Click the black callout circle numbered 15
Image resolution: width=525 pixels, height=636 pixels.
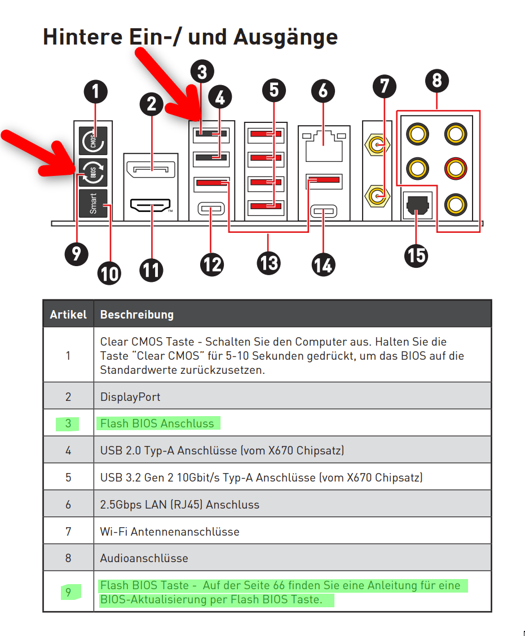click(416, 255)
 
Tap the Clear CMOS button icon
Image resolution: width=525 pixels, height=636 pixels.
click(94, 140)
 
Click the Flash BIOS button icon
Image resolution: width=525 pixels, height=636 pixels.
click(94, 173)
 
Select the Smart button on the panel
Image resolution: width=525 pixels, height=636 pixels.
click(94, 203)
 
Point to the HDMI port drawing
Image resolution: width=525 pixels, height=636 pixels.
click(152, 206)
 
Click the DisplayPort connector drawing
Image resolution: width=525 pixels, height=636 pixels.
click(152, 169)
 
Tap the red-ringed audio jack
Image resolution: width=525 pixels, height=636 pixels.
click(455, 167)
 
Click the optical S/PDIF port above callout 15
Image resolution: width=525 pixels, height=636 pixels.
click(416, 206)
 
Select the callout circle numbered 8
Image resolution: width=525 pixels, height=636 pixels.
click(437, 81)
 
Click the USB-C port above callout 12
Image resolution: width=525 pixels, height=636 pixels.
click(211, 210)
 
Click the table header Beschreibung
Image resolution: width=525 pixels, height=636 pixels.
click(137, 314)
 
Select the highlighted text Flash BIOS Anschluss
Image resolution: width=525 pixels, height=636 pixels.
click(157, 423)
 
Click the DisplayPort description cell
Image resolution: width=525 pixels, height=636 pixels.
click(130, 397)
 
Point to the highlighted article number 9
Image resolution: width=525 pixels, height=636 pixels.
click(68, 592)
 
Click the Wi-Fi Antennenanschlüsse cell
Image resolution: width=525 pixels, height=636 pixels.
click(170, 531)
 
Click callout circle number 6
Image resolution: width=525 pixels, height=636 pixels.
click(323, 91)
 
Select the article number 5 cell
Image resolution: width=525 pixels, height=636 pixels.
click(68, 478)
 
